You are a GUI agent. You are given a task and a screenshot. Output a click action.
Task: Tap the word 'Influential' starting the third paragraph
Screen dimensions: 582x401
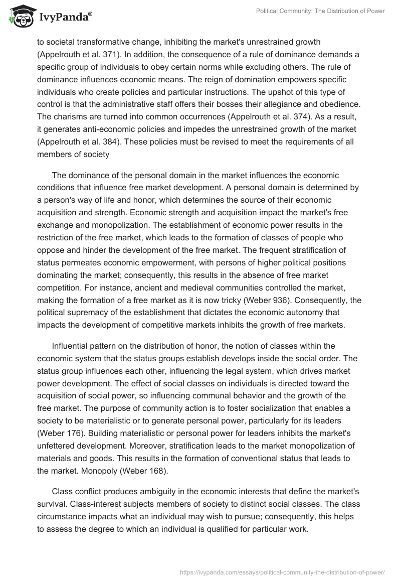pyautogui.click(x=72, y=346)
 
